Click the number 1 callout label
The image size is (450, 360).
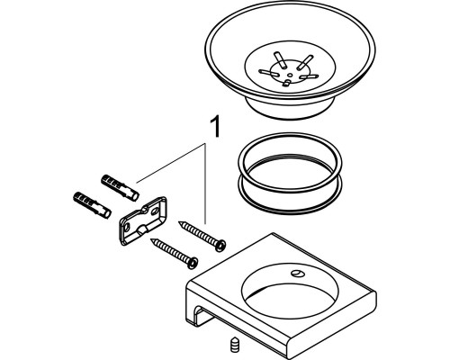214,128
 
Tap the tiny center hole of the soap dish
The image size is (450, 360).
290,75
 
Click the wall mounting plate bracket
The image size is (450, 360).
143,220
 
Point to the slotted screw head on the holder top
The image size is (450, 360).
297,273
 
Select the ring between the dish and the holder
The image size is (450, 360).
290,174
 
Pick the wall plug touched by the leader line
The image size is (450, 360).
120,187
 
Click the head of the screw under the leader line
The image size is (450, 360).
221,245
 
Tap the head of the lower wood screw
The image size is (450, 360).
193,262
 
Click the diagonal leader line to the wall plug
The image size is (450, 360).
171,163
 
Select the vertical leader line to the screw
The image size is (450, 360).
205,184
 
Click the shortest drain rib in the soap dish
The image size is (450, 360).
286,83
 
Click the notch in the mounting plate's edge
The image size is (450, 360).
142,230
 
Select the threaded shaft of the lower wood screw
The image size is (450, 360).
170,249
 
